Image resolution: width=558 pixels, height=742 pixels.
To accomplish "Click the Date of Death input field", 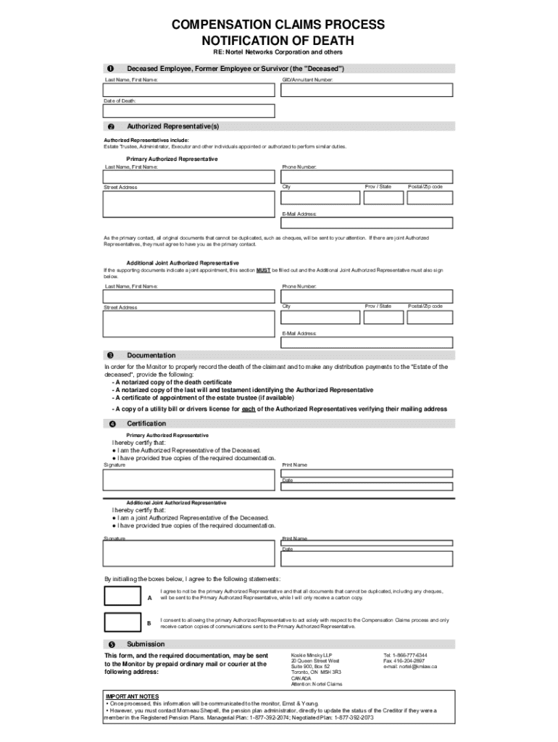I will pos(189,111).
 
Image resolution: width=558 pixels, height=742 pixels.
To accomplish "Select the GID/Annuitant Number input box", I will pos(367,89).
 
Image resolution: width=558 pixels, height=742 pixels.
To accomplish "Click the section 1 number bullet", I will pos(111,68).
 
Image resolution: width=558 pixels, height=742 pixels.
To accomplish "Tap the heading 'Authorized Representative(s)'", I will pos(172,127).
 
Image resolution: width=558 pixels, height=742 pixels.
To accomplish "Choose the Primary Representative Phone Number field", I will pos(367,176).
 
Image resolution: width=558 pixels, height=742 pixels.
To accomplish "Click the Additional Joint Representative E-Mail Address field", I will pos(367,343).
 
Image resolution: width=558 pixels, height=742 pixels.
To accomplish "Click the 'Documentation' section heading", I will pos(151,355).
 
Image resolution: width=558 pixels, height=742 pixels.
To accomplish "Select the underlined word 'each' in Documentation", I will pos(248,409).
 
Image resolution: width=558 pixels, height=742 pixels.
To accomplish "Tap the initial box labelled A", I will pos(122,596).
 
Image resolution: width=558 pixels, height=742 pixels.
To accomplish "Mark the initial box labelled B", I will pos(122,622).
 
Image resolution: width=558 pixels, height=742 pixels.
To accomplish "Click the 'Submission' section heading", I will pos(146,644).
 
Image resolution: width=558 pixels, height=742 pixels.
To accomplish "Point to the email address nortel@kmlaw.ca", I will pos(410,667).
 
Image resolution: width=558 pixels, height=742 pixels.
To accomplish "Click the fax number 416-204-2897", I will pos(405,661).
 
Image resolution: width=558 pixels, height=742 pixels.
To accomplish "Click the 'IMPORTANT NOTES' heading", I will pos(133,696).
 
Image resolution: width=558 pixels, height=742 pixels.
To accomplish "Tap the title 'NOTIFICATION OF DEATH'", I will pos(278,40).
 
